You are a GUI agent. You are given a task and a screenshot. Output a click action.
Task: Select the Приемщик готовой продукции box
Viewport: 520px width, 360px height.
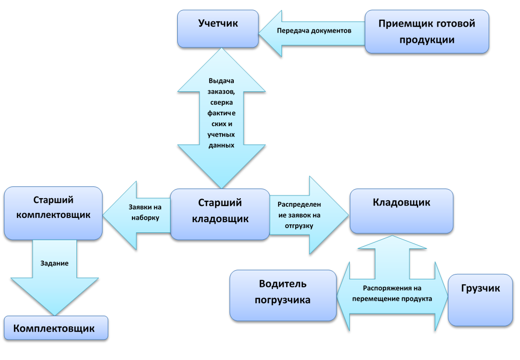427,32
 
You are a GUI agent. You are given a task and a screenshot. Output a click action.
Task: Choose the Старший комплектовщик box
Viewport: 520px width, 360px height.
53,213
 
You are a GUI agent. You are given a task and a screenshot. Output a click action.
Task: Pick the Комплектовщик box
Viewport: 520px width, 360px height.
56,328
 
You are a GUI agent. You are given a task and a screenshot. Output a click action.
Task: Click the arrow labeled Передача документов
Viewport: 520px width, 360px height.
314,30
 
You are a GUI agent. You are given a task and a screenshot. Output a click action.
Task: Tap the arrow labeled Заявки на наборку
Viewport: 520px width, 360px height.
141,213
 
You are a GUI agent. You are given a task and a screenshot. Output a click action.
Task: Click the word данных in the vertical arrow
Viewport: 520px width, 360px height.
220,145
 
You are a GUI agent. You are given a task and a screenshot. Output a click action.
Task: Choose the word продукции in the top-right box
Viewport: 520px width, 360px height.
427,40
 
